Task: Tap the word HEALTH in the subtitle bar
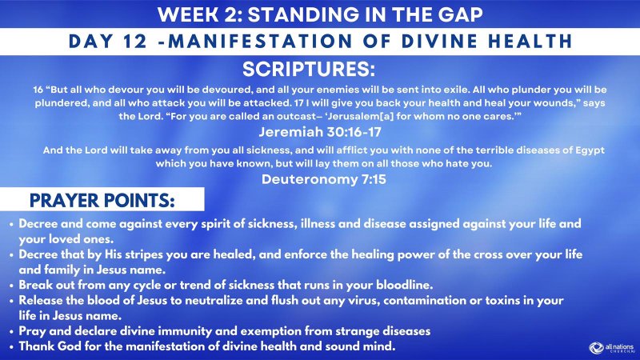click(533, 40)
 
